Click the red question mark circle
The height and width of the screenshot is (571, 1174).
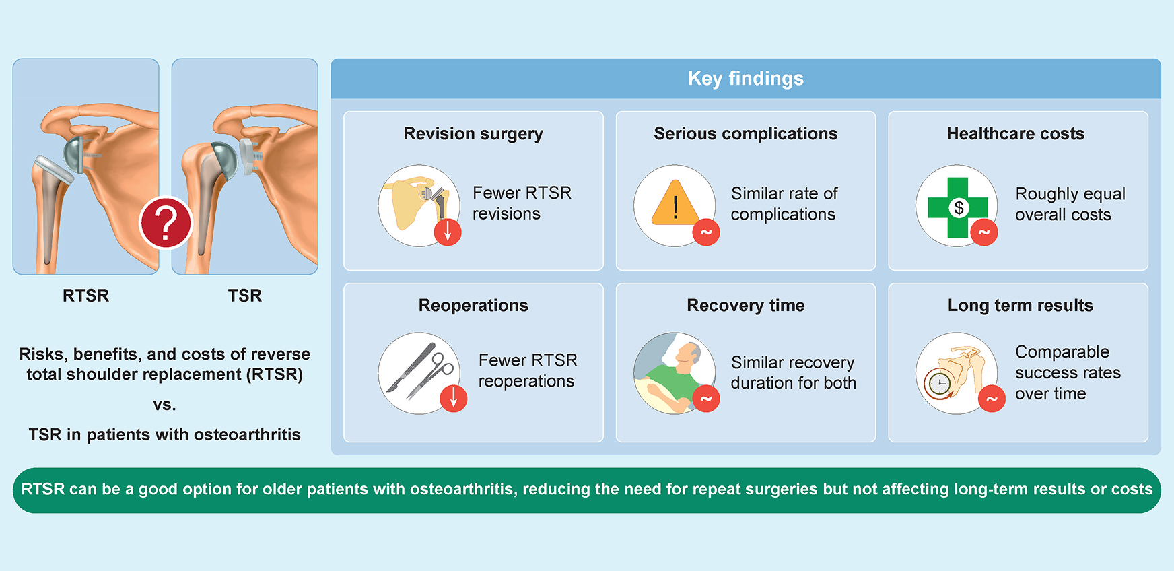click(x=166, y=223)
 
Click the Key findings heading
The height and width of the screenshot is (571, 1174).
click(x=746, y=79)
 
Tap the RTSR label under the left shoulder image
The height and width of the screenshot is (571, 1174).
click(x=85, y=296)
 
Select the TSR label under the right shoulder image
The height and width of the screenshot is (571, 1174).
click(x=245, y=296)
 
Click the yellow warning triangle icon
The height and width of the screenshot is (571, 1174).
click(x=675, y=203)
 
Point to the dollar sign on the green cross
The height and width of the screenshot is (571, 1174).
click(x=959, y=208)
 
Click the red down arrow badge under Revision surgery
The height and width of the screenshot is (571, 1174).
click(x=448, y=232)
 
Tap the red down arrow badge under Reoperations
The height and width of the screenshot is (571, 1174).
click(x=454, y=399)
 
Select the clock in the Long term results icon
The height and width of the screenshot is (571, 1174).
click(x=939, y=384)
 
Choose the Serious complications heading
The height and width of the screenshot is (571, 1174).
click(x=746, y=134)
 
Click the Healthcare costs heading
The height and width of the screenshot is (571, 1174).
click(x=1016, y=134)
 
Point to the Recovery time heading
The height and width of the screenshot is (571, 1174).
click(x=746, y=306)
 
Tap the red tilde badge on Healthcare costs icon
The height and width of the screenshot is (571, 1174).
click(x=984, y=232)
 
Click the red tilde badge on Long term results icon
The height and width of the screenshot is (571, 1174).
click(x=992, y=399)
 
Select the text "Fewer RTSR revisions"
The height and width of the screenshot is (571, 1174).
click(x=522, y=203)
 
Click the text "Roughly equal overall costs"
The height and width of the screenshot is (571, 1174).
click(x=1070, y=204)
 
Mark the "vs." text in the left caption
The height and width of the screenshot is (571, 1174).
click(x=164, y=405)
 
